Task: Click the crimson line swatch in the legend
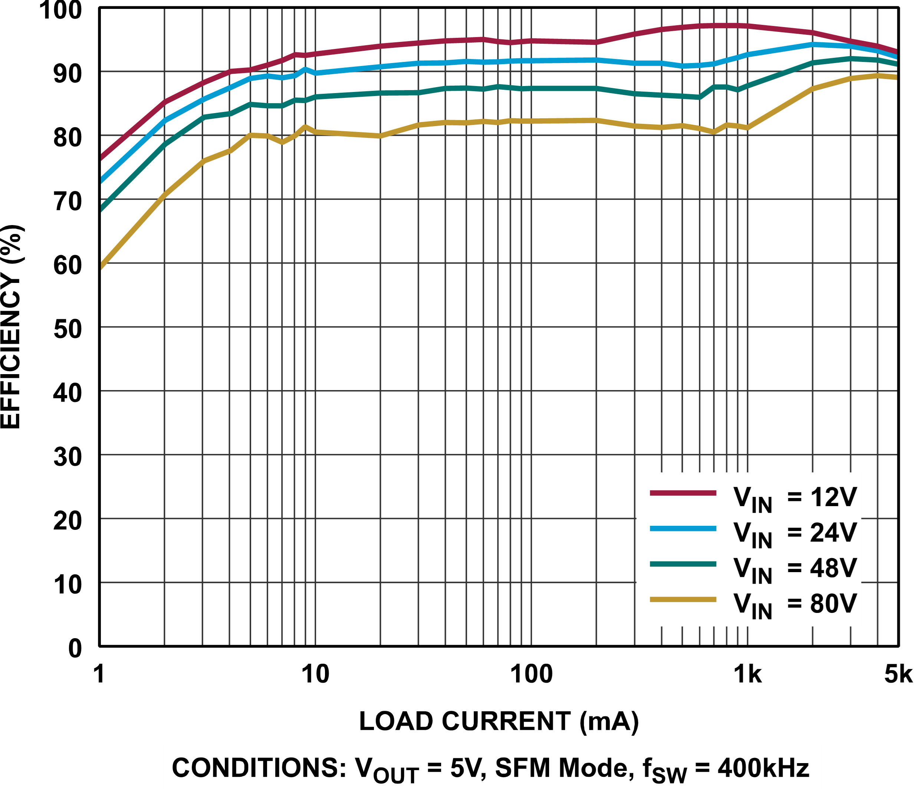point(683,493)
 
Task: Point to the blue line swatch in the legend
point(683,529)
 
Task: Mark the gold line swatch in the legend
point(683,599)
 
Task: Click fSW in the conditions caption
point(664,770)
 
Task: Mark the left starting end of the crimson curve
point(102,157)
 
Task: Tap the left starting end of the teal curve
point(102,208)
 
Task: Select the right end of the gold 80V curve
point(896,77)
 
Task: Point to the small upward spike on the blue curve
point(305,69)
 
